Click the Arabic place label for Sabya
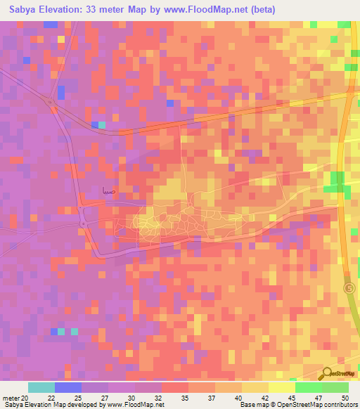click(108, 190)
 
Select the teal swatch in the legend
click(41, 387)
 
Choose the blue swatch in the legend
click(68, 387)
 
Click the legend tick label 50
click(345, 398)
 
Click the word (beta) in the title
click(264, 9)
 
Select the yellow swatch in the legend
click(281, 387)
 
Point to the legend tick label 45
click(291, 398)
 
